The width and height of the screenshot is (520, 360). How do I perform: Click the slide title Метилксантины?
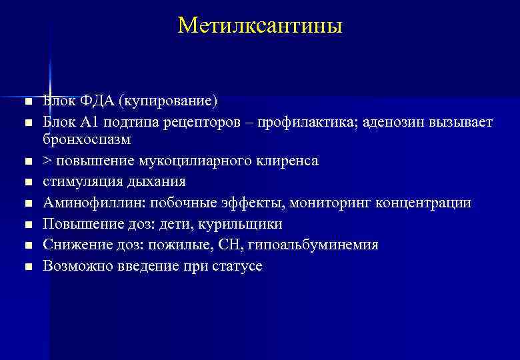tap(260, 26)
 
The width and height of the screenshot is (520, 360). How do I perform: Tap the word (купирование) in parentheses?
tap(168, 101)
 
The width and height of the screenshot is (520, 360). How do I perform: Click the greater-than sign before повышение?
tap(47, 161)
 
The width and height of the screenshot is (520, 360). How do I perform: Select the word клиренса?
tap(285, 161)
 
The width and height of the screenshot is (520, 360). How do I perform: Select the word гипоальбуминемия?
tap(313, 245)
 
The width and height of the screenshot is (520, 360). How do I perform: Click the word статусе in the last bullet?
tap(238, 266)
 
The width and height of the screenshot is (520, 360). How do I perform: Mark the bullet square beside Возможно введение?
tap(27, 267)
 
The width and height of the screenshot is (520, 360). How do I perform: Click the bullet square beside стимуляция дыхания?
tap(27, 182)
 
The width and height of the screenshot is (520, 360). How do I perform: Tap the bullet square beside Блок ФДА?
tap(27, 102)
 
